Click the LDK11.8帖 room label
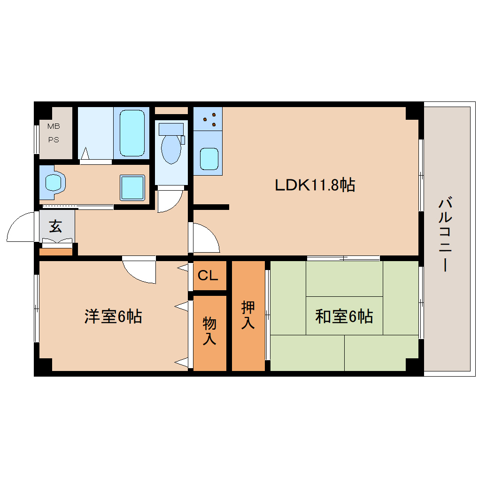pos(315,185)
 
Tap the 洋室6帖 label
pos(113,317)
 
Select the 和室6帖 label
pos(344,317)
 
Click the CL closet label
pos(208,276)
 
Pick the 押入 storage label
pos(248,315)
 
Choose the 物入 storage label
pos(209,331)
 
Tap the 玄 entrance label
pos(55,227)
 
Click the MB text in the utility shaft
pos(54,126)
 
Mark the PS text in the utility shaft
pos(54,140)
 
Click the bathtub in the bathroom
pos(131,133)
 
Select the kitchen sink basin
pos(209,159)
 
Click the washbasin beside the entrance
pos(53,181)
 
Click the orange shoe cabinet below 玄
pos(56,252)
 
